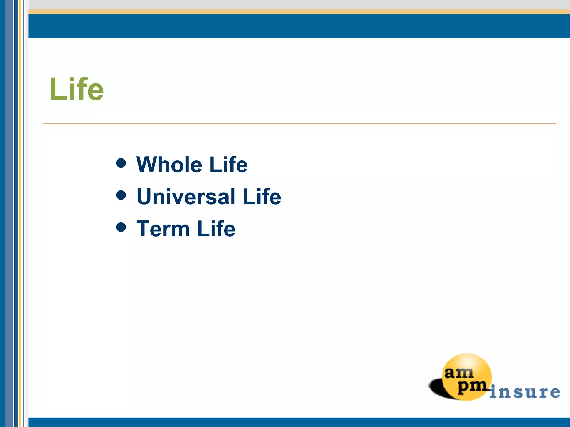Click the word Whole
point(169,165)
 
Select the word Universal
point(186,197)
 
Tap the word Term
point(163,229)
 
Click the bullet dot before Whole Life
point(121,163)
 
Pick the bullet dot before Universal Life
point(121,195)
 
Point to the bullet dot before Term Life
point(121,227)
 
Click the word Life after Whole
point(228,165)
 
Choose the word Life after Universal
point(262,197)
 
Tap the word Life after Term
point(216,229)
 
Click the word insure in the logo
point(525,392)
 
